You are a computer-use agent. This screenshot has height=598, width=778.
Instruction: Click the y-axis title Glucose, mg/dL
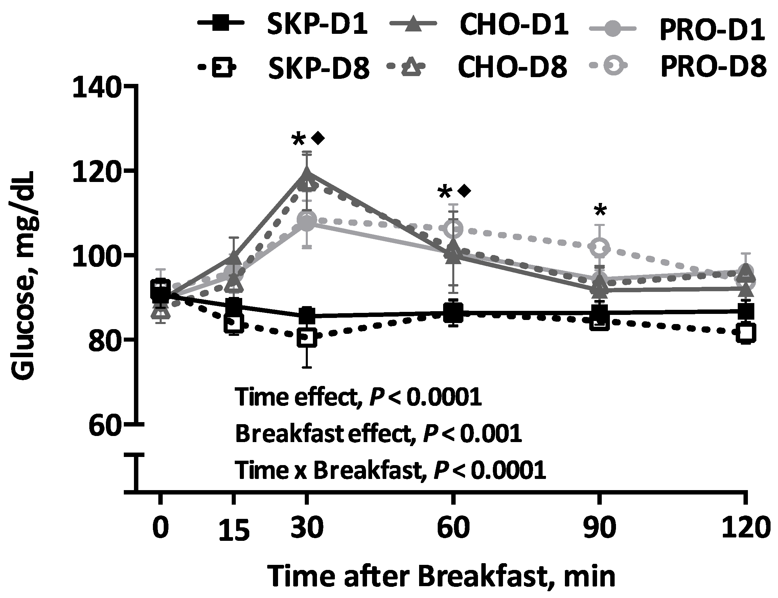(x=23, y=276)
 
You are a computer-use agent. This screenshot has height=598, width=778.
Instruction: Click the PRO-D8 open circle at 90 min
(x=600, y=247)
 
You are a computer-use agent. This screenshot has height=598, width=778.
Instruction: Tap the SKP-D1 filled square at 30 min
(x=307, y=315)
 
